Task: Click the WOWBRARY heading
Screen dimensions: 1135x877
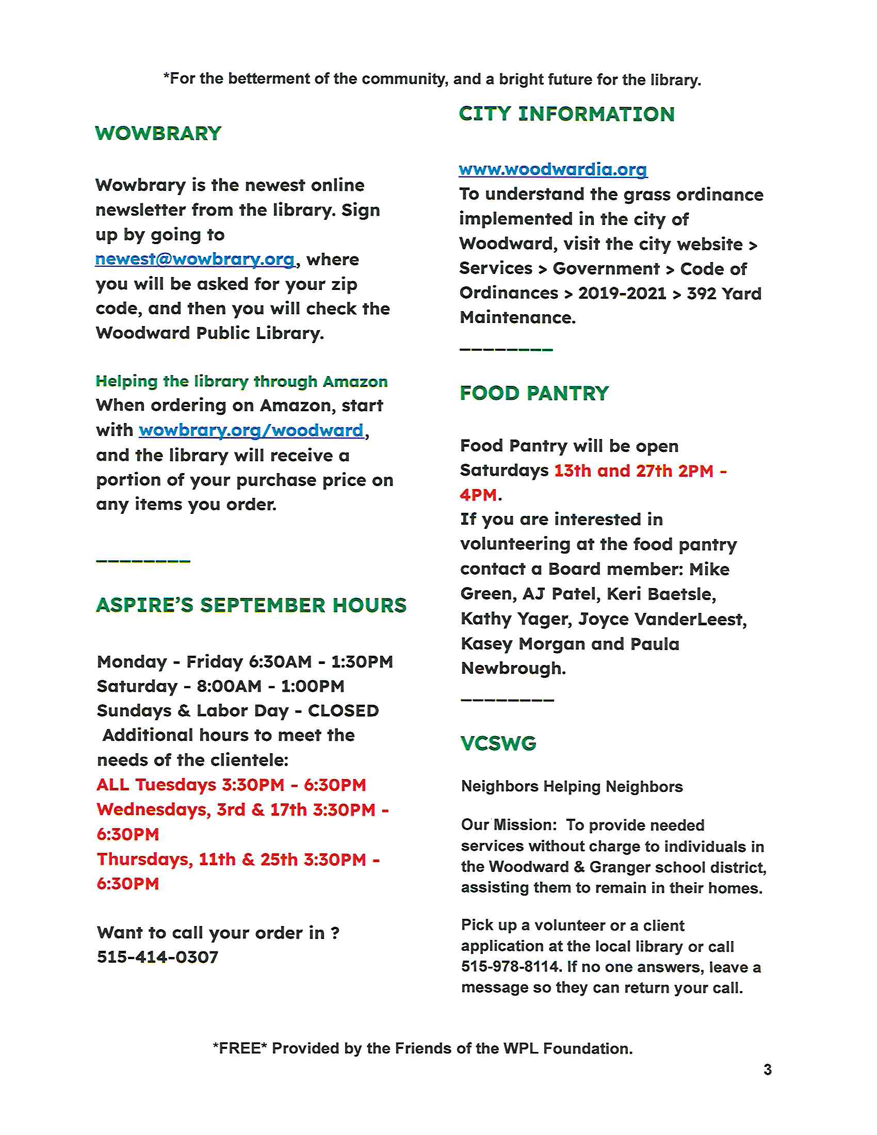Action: (158, 134)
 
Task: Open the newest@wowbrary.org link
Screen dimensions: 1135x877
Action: (195, 260)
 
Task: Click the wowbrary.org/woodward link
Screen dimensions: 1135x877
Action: (251, 430)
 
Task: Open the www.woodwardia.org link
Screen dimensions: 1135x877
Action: (553, 169)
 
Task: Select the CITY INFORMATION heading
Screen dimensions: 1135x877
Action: (567, 115)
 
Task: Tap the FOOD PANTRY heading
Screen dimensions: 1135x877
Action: (534, 394)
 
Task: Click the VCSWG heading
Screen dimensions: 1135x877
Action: (498, 743)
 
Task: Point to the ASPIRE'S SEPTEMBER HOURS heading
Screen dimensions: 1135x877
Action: (251, 606)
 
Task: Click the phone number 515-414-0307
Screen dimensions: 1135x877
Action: (157, 956)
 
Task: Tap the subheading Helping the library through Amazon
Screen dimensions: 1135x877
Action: (241, 381)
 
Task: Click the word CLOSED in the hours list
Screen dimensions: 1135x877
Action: (344, 711)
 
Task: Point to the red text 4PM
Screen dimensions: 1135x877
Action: (478, 495)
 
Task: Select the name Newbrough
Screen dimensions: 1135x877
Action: (513, 668)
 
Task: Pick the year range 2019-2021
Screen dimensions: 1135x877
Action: (622, 294)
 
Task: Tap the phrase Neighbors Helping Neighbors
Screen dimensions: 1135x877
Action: (572, 787)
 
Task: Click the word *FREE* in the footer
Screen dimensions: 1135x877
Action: (239, 1048)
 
